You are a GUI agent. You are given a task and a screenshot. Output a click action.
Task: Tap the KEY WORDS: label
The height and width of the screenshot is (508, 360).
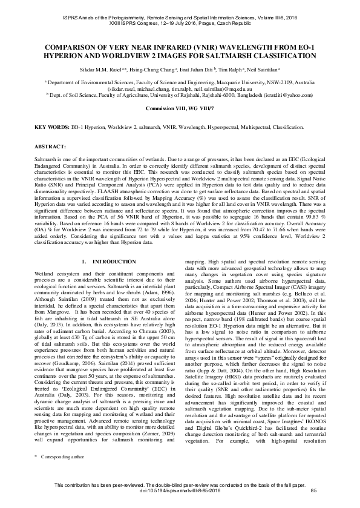tap(50, 128)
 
